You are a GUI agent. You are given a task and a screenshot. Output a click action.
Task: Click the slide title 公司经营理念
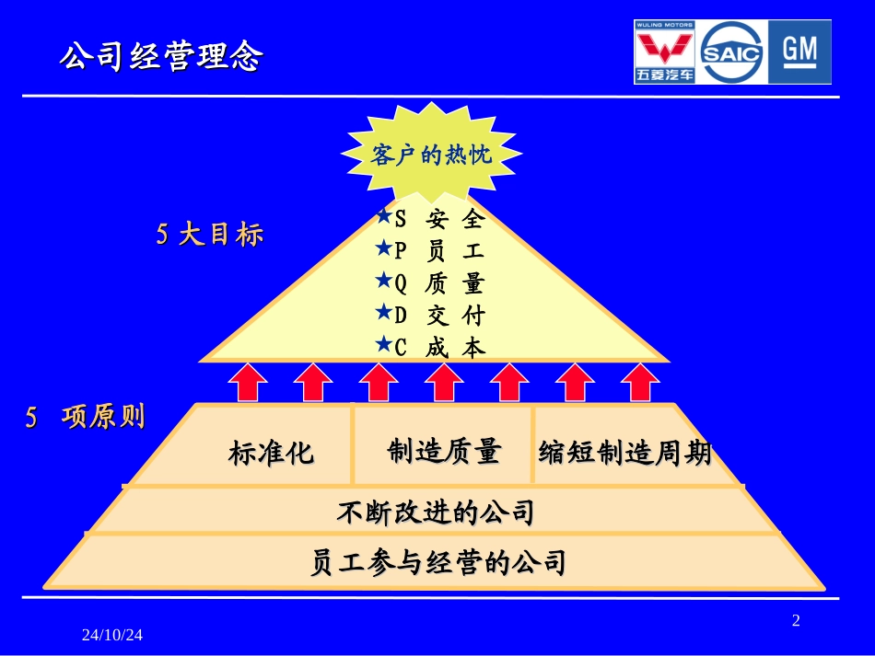coord(161,57)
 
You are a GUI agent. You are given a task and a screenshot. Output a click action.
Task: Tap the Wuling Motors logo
coord(664,52)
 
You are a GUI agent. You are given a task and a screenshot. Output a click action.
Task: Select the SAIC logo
coord(732,52)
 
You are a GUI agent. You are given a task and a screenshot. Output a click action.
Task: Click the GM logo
coord(799,52)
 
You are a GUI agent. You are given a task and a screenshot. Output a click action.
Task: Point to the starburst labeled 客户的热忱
coord(432,155)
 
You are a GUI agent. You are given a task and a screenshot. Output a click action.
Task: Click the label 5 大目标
coord(210,235)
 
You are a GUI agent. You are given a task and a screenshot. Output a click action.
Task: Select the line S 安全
coord(430,220)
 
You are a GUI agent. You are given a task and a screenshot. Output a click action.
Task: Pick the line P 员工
coord(430,251)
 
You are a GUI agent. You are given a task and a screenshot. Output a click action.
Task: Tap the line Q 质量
coord(430,283)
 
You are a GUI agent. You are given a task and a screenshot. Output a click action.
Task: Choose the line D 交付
coord(430,316)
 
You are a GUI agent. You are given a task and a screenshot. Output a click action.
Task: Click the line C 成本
coord(430,348)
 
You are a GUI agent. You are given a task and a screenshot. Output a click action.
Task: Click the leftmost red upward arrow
coord(248,382)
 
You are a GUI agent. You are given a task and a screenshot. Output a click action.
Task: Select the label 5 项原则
coord(85,418)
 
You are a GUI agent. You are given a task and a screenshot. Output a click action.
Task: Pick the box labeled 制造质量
coord(444,451)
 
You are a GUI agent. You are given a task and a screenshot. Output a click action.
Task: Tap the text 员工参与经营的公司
coord(437,561)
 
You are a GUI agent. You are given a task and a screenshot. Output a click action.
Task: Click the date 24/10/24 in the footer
coord(112,635)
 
